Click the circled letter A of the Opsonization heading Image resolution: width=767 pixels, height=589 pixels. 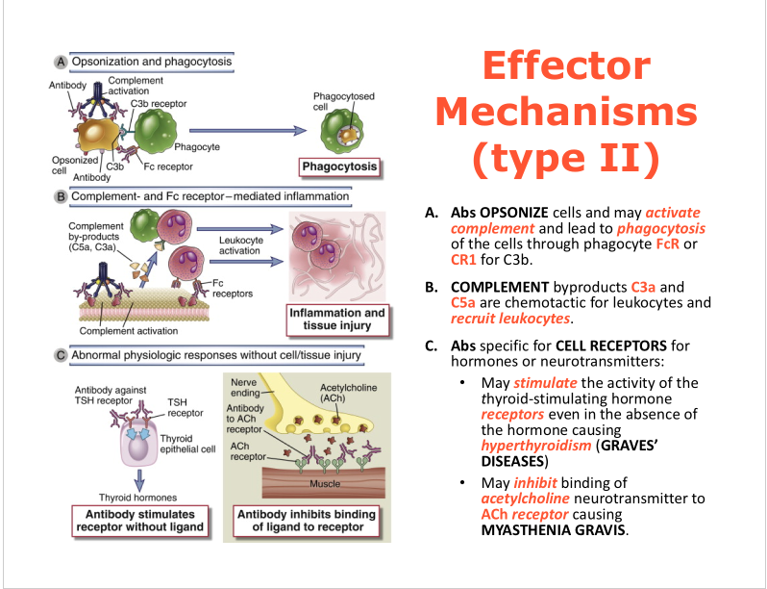pyautogui.click(x=61, y=63)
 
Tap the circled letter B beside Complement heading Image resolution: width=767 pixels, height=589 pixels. pyautogui.click(x=61, y=197)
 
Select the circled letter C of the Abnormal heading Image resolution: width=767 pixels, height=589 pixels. pyautogui.click(x=61, y=356)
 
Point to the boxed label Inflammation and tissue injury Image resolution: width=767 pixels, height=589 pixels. pyautogui.click(x=337, y=320)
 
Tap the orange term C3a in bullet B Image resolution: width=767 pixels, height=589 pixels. pyautogui.click(x=645, y=286)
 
